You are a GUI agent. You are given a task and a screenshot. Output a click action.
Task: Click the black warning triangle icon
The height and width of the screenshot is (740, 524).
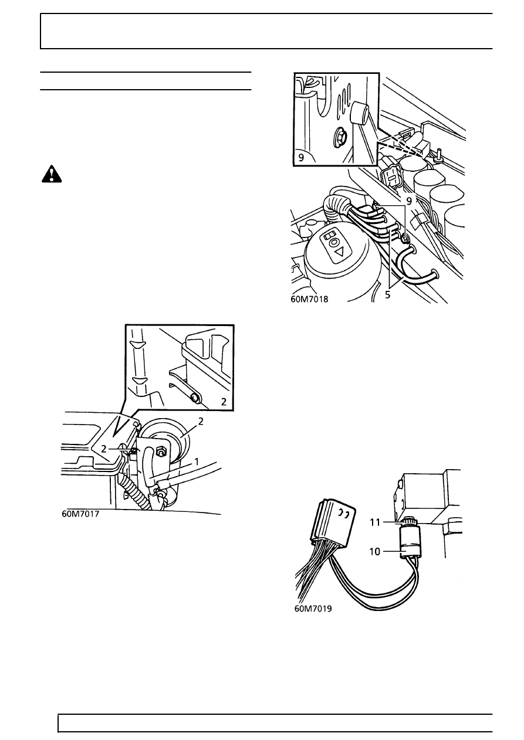pyautogui.click(x=52, y=174)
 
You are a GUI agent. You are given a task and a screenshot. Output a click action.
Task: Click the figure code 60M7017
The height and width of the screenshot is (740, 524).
pyautogui.click(x=80, y=514)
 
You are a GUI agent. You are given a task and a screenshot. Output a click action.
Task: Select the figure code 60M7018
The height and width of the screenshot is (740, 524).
pyautogui.click(x=309, y=299)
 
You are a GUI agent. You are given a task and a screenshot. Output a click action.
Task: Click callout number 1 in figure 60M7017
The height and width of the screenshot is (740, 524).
pyautogui.click(x=197, y=461)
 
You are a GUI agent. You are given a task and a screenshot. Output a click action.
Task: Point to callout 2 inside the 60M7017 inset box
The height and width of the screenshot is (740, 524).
pyautogui.click(x=224, y=402)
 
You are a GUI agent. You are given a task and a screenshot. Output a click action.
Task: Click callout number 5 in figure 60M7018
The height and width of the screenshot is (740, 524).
pyautogui.click(x=388, y=294)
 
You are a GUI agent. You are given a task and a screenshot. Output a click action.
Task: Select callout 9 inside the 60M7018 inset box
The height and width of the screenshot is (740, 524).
pyautogui.click(x=301, y=158)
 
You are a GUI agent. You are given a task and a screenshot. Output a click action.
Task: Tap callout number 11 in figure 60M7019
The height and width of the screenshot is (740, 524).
pyautogui.click(x=375, y=522)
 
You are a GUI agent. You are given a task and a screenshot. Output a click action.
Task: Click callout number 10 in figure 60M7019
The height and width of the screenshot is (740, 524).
pyautogui.click(x=375, y=551)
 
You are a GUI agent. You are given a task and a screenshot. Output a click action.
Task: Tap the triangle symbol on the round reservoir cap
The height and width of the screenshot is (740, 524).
pyautogui.click(x=339, y=253)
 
